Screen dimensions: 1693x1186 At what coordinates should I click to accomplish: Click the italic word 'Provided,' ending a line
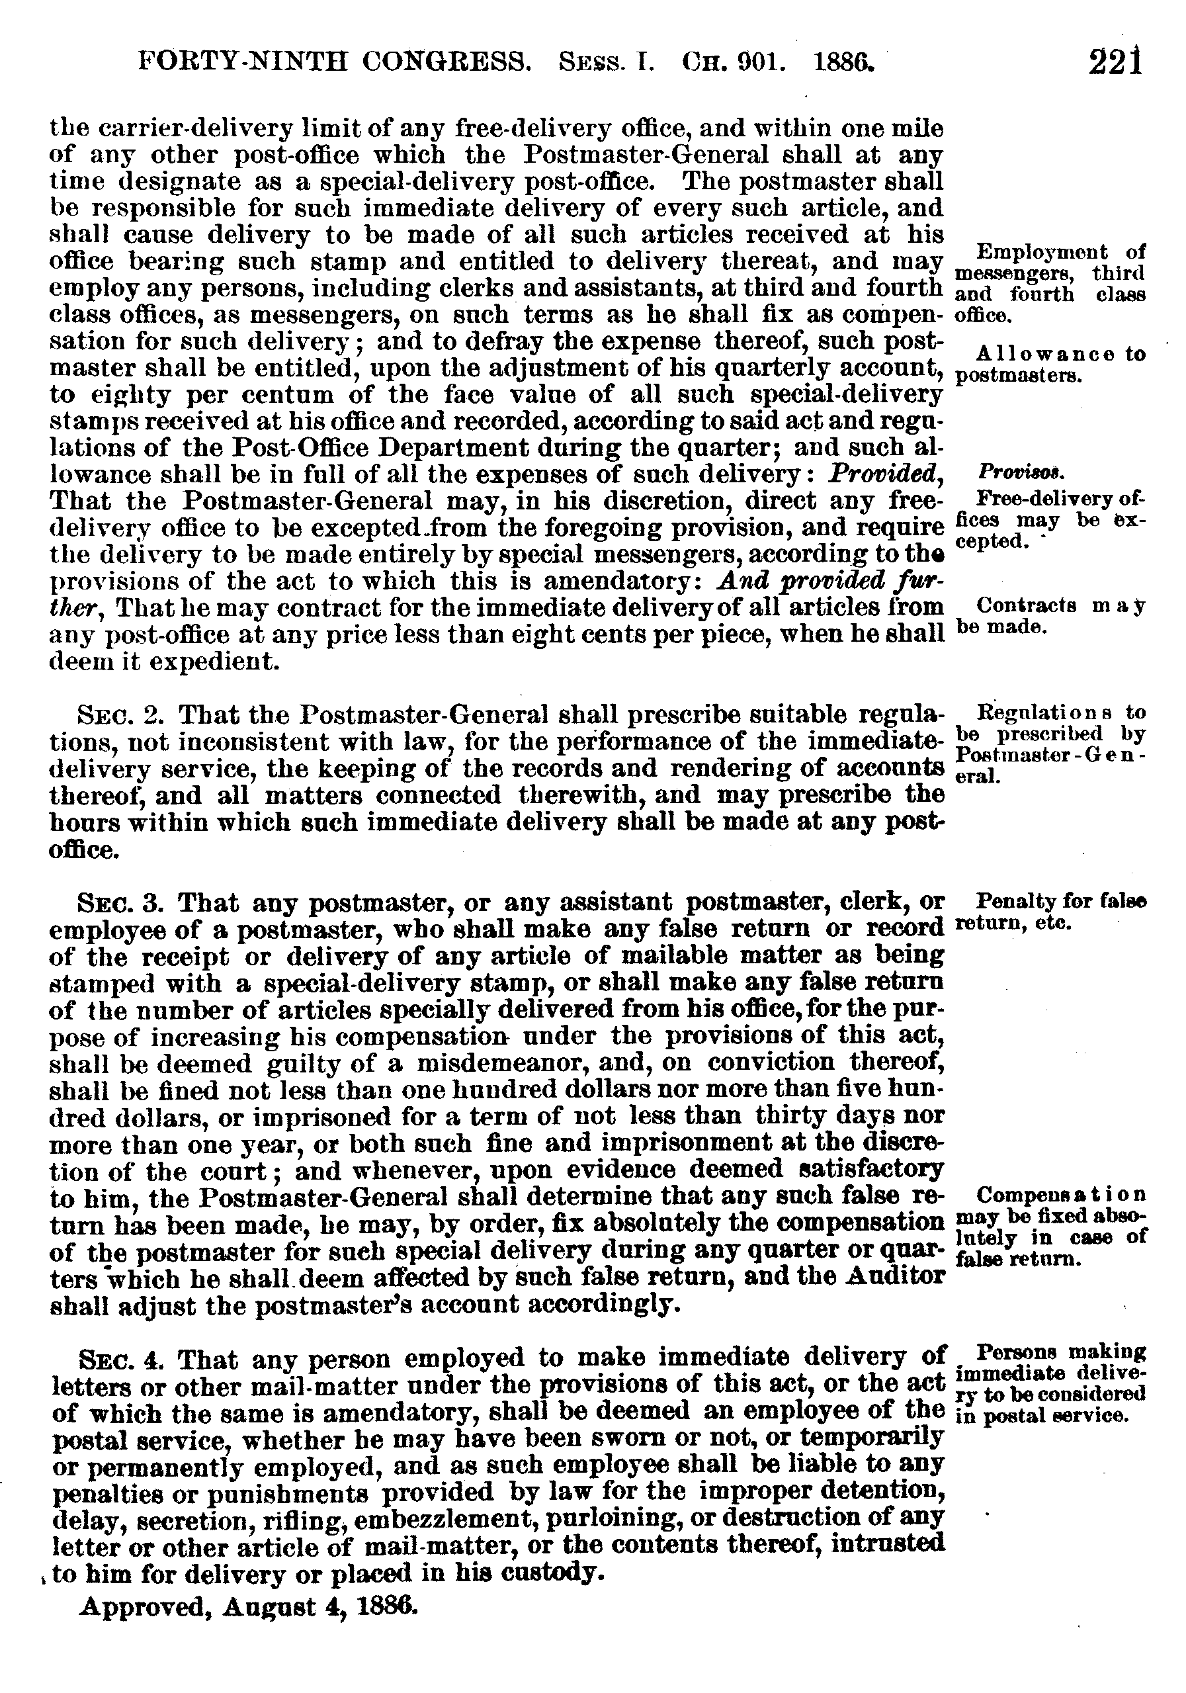[x=885, y=474]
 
